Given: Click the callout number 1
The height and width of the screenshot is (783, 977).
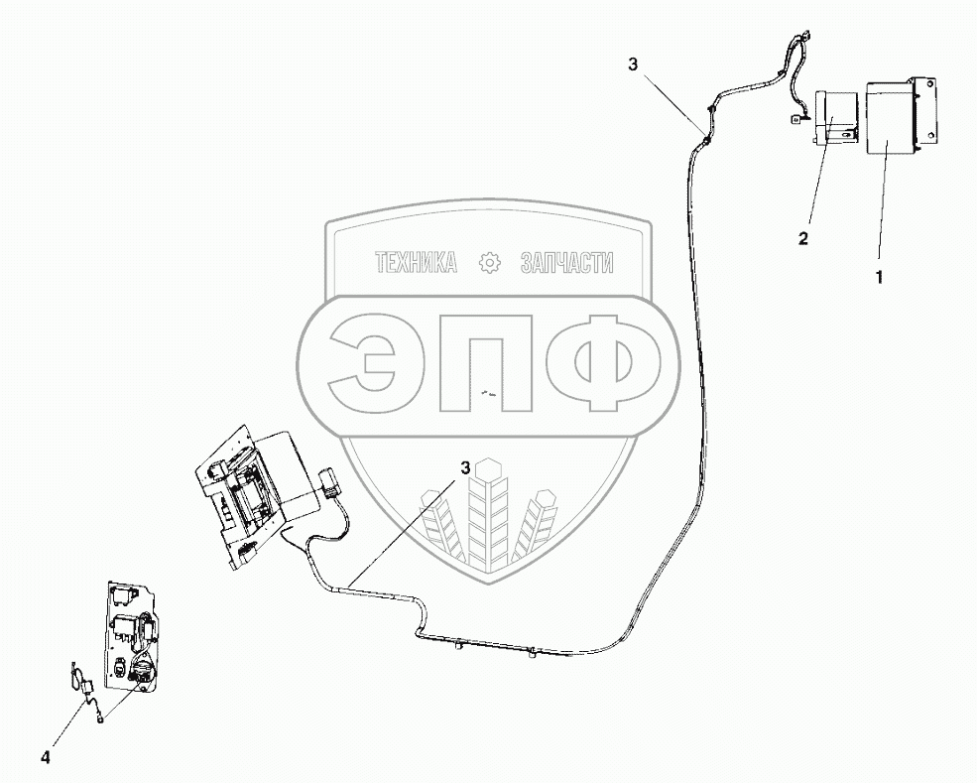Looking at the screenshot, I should (x=878, y=278).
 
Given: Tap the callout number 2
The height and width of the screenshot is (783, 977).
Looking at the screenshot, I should (x=804, y=238).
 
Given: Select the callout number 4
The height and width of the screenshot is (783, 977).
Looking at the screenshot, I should (x=44, y=758).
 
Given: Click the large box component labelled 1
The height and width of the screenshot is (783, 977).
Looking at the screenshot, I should (x=890, y=118).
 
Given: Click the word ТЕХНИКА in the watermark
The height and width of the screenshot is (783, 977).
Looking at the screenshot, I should (x=416, y=263).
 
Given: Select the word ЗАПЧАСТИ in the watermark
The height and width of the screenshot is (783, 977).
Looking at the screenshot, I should (x=567, y=263).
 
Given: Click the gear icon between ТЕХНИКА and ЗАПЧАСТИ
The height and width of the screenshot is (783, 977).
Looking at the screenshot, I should (x=489, y=263).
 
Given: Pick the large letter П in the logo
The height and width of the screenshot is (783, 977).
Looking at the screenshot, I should (x=487, y=364).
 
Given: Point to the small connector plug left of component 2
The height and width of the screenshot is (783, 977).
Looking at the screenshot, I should (x=795, y=119).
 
